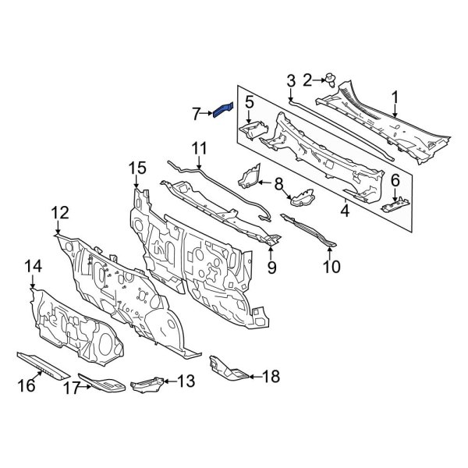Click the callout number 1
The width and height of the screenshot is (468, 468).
tap(395, 97)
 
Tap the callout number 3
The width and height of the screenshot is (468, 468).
tap(290, 80)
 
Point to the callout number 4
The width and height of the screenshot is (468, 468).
tap(345, 209)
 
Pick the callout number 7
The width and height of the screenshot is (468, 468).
tap(196, 114)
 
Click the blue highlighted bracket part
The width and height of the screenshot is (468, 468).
tap(222, 108)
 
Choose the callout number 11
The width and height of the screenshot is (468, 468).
tap(199, 147)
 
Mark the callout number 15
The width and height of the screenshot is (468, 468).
tap(136, 168)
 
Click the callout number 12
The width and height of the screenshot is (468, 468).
tap(60, 213)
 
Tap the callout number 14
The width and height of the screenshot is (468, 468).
tap(32, 268)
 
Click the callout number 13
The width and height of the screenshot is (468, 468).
tap(185, 381)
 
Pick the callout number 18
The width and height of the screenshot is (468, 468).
tap(270, 377)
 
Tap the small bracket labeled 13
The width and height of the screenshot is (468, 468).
tap(148, 384)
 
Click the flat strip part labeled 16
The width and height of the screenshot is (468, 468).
tap(47, 366)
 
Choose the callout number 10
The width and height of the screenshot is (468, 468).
tap(331, 268)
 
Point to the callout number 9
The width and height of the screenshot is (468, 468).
tap(272, 268)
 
